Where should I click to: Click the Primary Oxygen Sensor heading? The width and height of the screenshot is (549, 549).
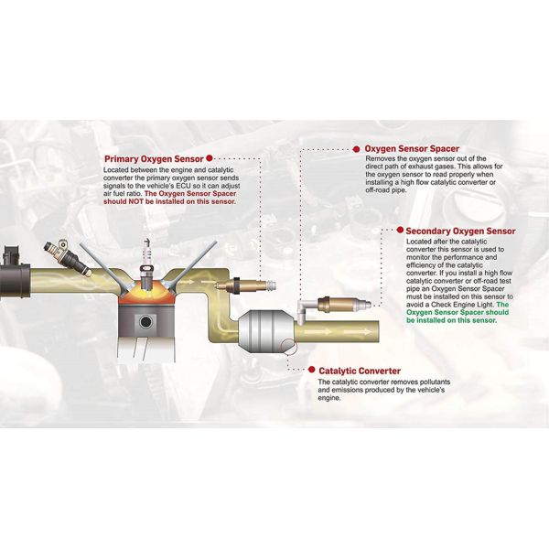point(154,159)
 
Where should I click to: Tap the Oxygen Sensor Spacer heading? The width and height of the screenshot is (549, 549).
point(412,149)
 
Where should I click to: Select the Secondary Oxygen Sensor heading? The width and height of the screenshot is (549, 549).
point(460,231)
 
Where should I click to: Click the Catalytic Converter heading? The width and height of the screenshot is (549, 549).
point(360,371)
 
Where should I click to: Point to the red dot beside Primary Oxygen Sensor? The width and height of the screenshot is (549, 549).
point(210,158)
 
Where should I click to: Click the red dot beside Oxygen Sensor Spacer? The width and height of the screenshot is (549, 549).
point(357,149)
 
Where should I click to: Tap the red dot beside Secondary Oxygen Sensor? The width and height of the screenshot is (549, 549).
point(400,230)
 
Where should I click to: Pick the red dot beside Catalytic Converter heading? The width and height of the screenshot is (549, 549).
point(312,370)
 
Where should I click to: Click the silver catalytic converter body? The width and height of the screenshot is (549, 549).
point(266,330)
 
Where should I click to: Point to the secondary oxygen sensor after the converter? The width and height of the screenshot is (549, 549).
point(345,303)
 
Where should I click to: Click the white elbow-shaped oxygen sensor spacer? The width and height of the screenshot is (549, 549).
point(303,309)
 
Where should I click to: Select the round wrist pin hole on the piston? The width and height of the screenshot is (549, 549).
point(145,321)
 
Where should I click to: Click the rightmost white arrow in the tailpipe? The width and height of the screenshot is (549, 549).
point(358,331)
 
